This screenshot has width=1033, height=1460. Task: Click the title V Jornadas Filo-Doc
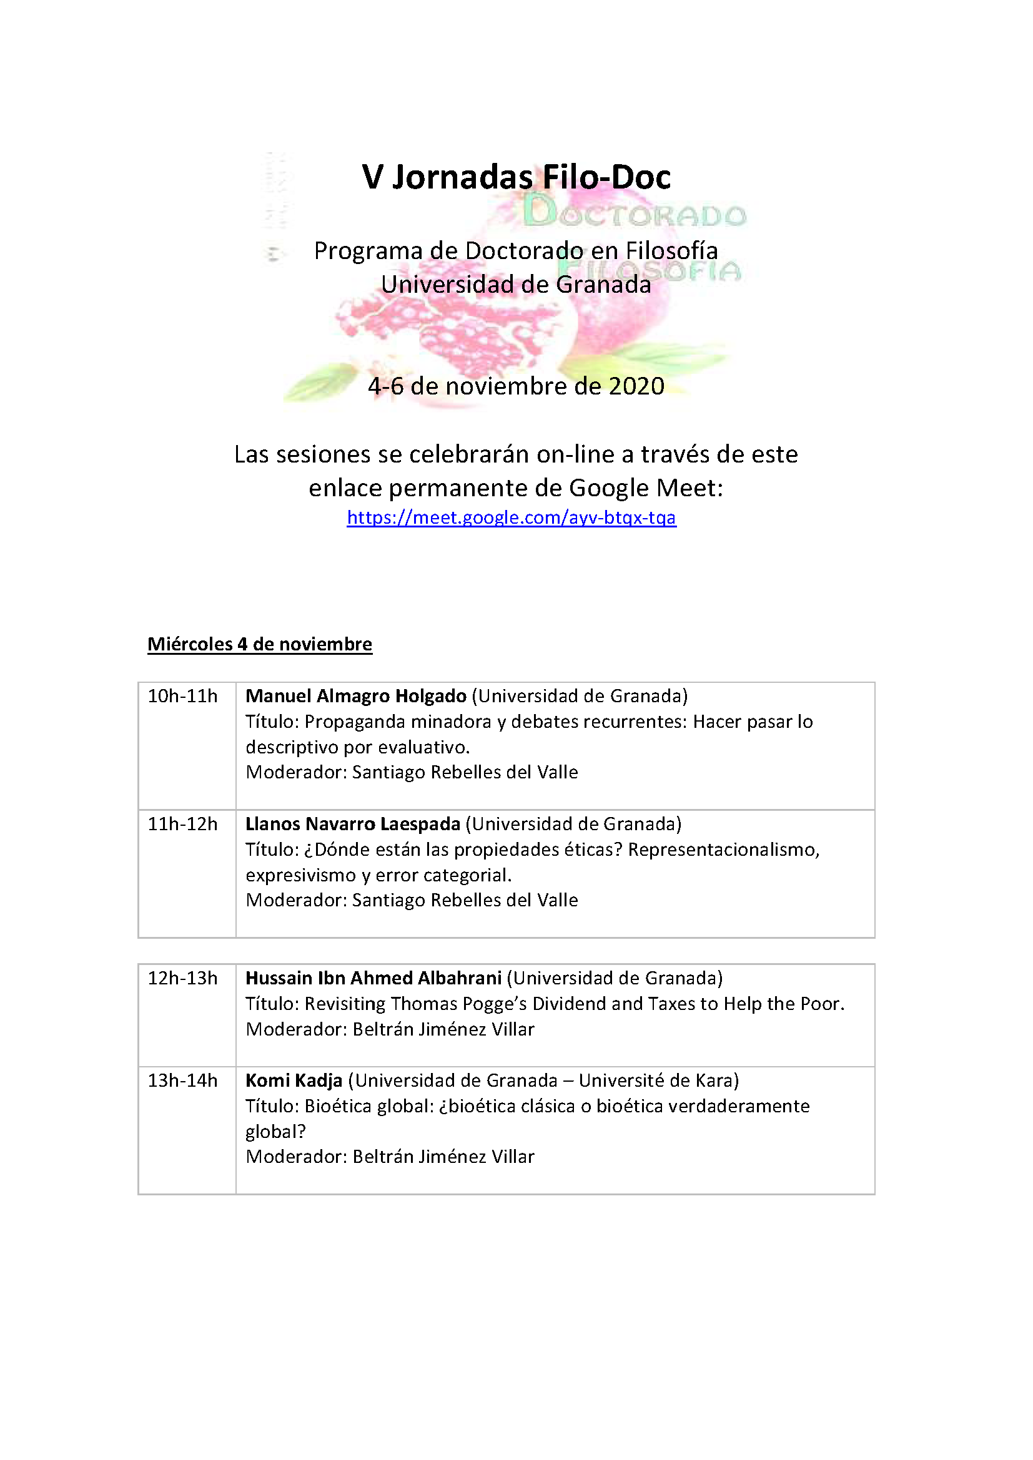516,177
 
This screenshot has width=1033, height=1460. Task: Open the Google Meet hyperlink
512,517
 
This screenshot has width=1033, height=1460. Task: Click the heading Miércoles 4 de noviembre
260,644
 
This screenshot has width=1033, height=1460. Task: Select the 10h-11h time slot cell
182,697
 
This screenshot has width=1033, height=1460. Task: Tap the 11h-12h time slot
182,824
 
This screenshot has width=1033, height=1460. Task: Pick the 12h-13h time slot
182,978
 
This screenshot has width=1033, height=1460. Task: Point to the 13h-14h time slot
182,1080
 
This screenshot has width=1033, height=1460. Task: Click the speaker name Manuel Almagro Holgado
355,697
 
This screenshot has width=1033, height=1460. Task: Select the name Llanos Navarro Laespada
352,824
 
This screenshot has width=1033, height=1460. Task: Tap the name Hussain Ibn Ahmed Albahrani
373,978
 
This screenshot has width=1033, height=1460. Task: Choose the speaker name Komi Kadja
294,1080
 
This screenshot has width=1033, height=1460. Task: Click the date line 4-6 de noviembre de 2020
516,386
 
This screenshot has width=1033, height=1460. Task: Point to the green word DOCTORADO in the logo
634,214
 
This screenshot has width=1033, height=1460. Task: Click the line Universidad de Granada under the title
516,284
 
